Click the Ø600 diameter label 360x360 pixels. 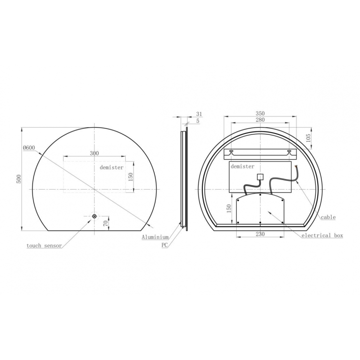pyautogui.click(x=29, y=148)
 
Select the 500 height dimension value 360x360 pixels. pyautogui.click(x=18, y=179)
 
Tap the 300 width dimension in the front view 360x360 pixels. pyautogui.click(x=94, y=153)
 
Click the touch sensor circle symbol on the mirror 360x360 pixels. pyautogui.click(x=94, y=216)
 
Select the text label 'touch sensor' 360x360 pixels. pyautogui.click(x=44, y=246)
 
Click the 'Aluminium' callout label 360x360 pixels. pyautogui.click(x=155, y=237)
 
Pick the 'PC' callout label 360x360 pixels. pyautogui.click(x=165, y=246)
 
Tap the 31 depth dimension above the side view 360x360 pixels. pyautogui.click(x=199, y=114)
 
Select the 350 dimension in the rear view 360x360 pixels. pyautogui.click(x=261, y=114)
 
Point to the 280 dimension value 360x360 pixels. pyautogui.click(x=261, y=120)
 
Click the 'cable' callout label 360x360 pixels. pyautogui.click(x=328, y=217)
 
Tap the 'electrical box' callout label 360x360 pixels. pyautogui.click(x=322, y=235)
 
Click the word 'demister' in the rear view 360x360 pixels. pyautogui.click(x=243, y=166)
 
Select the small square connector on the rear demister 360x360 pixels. pyautogui.click(x=260, y=177)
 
